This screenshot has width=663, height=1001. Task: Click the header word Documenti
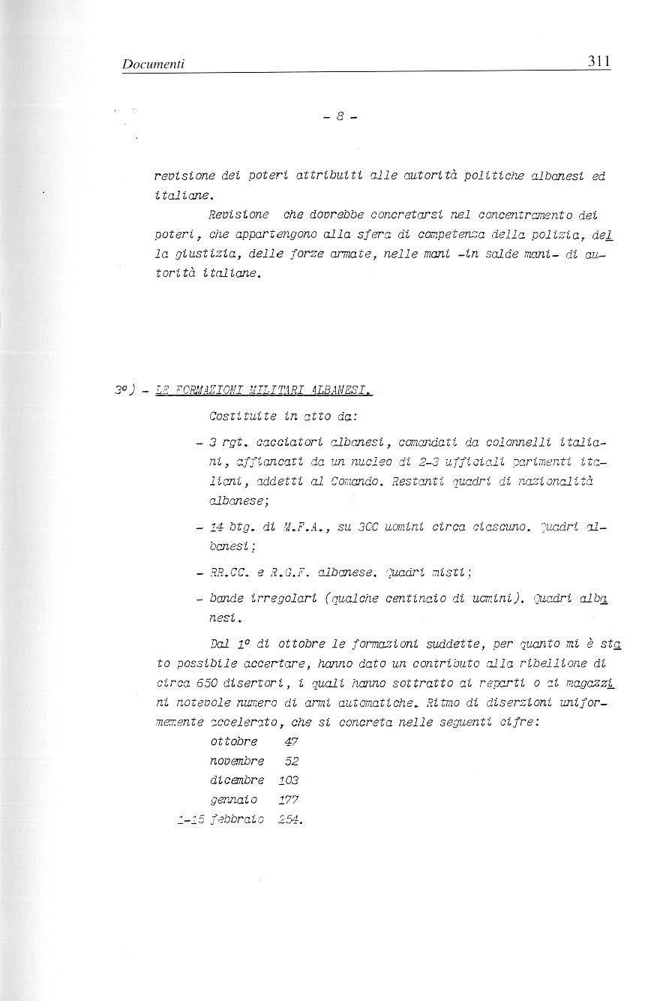(x=153, y=66)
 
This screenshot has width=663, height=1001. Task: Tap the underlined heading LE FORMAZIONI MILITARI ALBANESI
(x=263, y=392)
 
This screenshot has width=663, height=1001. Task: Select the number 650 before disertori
(x=206, y=682)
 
